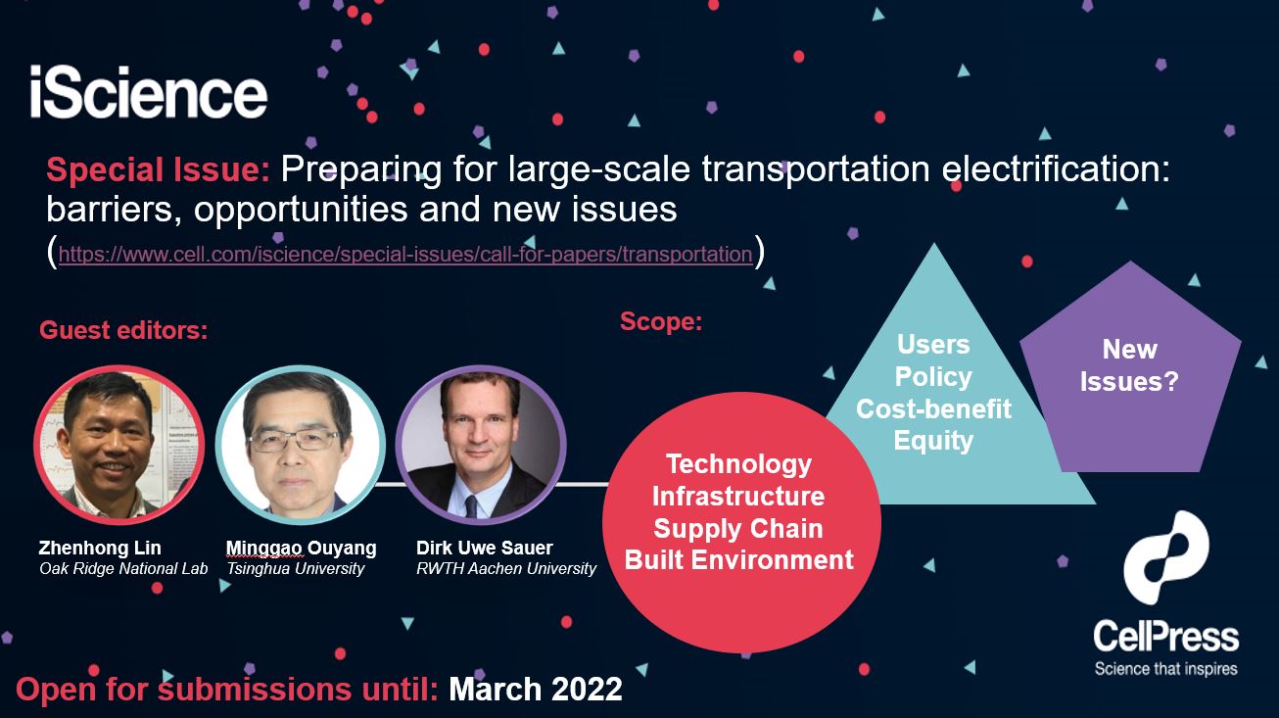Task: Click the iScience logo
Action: tap(149, 91)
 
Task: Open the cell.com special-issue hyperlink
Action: tap(405, 254)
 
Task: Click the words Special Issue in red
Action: tap(159, 169)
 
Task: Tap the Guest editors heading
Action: tap(124, 330)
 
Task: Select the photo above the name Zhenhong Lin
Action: tap(119, 445)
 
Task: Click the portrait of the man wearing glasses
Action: tap(301, 445)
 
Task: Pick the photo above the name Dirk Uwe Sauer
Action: tap(481, 445)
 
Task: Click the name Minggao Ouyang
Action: tap(302, 548)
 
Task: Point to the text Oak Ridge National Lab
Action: tap(123, 569)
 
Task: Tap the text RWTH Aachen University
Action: tap(506, 569)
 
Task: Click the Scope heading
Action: tap(661, 321)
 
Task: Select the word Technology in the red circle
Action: tap(738, 464)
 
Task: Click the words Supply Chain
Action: tap(738, 528)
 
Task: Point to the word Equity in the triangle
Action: tap(933, 441)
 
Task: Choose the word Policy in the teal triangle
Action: tap(933, 376)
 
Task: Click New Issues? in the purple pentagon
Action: tap(1129, 365)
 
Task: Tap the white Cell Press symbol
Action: tap(1166, 557)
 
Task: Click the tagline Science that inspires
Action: tap(1166, 669)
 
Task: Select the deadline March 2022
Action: tap(536, 689)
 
